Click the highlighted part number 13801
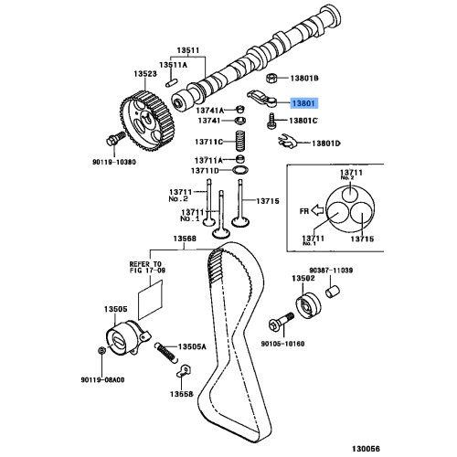303,105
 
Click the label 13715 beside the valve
267,200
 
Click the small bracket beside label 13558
181,371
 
